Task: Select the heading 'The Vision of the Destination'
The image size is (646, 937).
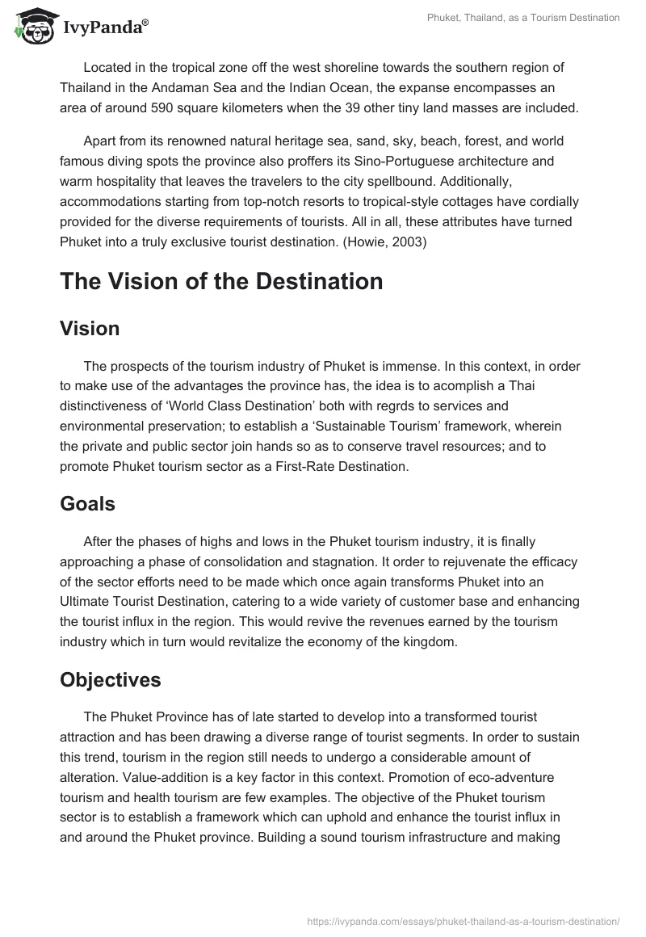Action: pyautogui.click(x=220, y=281)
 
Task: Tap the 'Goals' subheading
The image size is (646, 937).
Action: pyautogui.click(x=87, y=504)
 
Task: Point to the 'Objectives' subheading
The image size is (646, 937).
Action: pyautogui.click(x=111, y=680)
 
